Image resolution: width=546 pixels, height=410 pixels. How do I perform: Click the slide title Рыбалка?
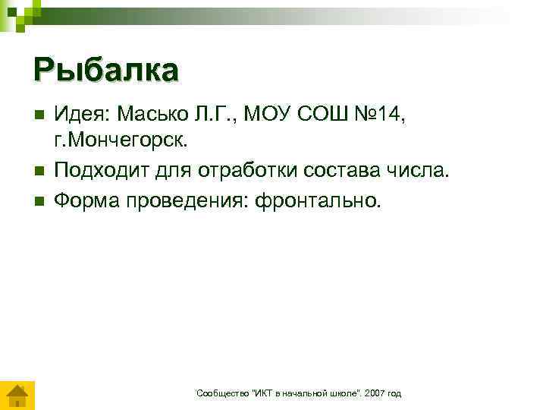pos(106,69)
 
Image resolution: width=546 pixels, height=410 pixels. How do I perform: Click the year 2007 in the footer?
pos(373,393)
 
